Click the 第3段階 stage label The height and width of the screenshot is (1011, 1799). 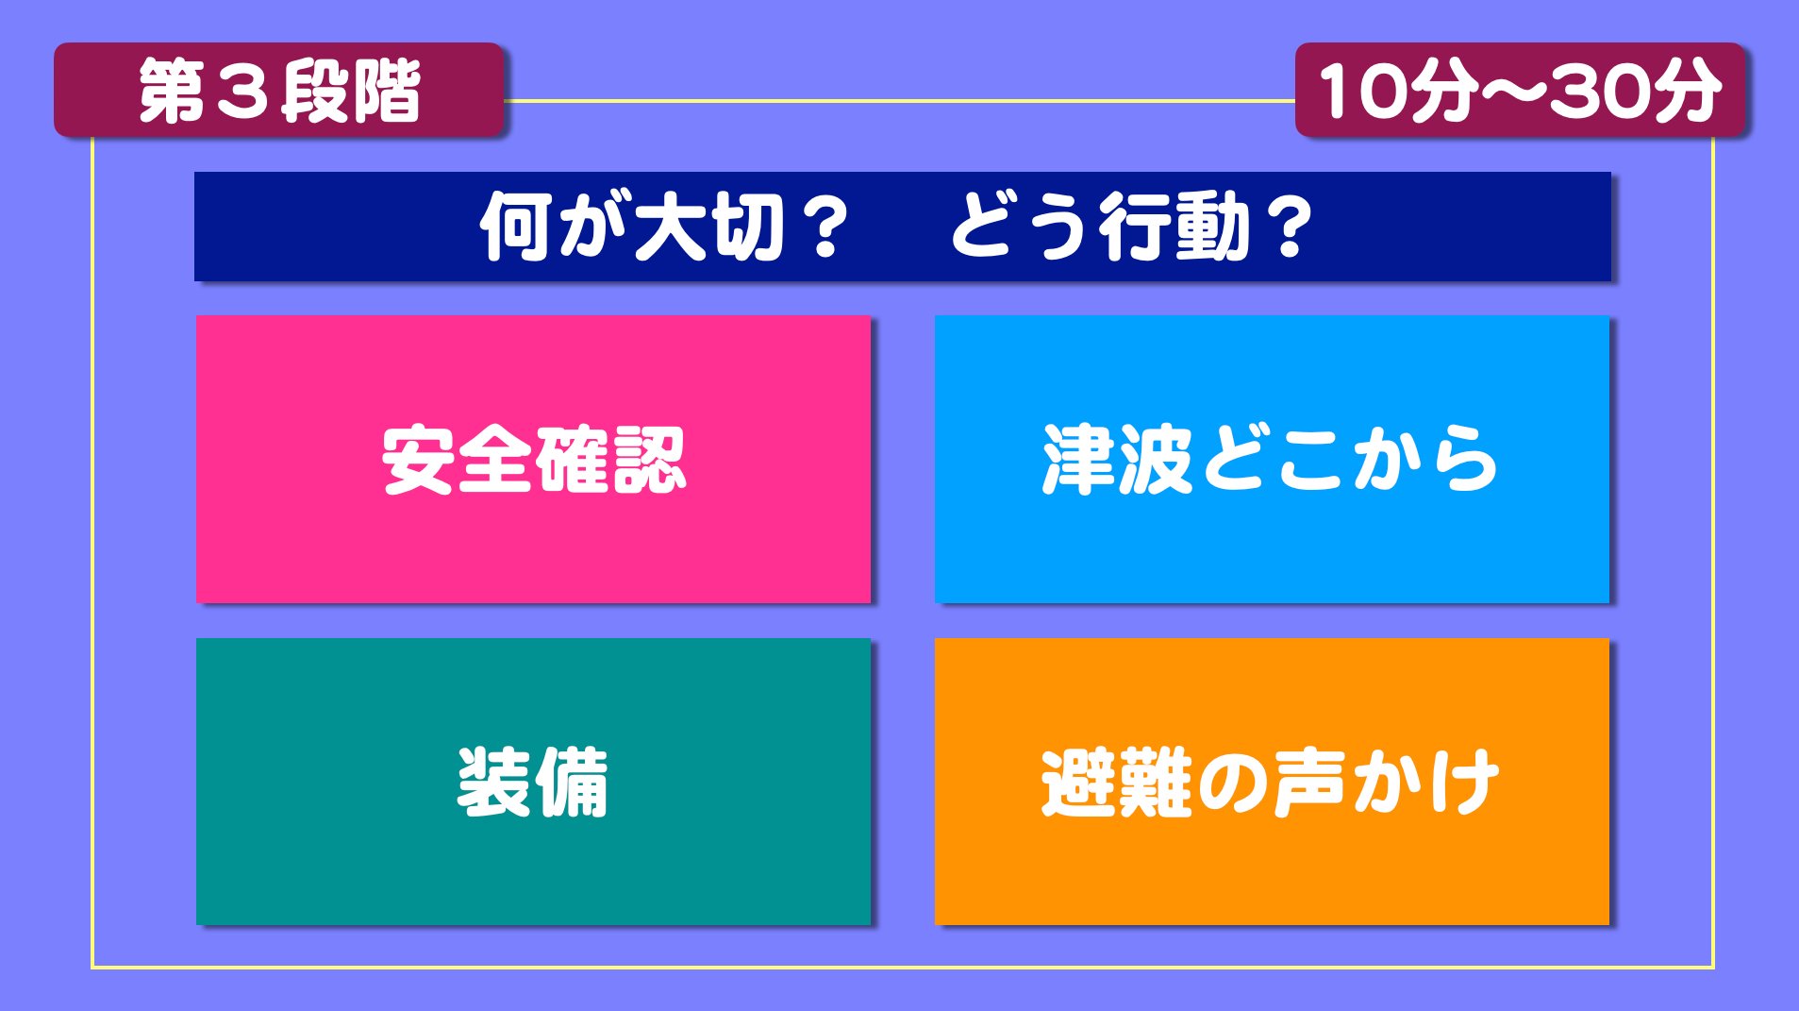(x=279, y=91)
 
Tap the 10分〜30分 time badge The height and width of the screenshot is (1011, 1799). (x=1521, y=91)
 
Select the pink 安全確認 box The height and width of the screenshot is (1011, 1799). (x=533, y=459)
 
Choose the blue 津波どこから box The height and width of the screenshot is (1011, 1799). (x=1272, y=459)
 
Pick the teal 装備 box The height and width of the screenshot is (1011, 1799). (x=533, y=782)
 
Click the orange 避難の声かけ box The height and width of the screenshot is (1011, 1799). (x=1272, y=782)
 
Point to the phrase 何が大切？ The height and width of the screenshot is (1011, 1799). (x=664, y=227)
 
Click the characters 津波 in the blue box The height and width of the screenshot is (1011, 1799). (x=1119, y=459)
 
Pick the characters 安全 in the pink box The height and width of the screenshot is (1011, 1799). (x=458, y=460)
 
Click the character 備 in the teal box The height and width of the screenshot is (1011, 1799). (x=572, y=783)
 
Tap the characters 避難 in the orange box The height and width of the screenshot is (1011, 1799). (x=1118, y=783)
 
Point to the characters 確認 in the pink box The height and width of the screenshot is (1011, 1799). (x=610, y=460)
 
